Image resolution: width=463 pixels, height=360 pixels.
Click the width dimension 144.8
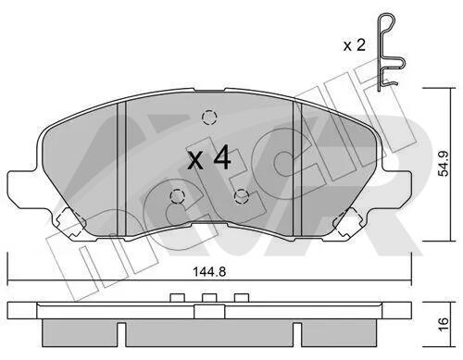209,272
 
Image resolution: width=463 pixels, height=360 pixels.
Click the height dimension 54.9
444,164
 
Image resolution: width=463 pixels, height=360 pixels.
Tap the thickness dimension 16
444,325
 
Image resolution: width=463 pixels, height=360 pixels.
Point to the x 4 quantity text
209,159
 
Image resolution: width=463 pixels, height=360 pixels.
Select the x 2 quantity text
355,45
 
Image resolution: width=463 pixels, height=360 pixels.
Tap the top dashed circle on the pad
209,118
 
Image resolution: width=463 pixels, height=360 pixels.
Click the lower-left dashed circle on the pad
177,196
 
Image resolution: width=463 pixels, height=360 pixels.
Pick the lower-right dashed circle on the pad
242,196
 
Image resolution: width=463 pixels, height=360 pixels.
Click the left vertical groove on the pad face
121,169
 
